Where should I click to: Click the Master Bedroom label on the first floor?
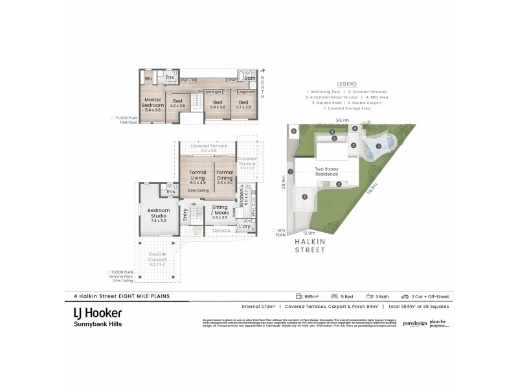tap(153, 104)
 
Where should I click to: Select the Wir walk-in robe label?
tap(148, 78)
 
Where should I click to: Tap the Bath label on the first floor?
tap(249, 78)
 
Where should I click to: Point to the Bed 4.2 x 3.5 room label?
tap(177, 102)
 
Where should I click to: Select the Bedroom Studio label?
tap(158, 214)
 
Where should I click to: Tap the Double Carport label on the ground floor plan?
tap(157, 257)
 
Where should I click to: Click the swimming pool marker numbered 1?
tap(377, 146)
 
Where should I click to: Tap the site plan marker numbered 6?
tap(304, 196)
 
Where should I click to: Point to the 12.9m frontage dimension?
tap(308, 233)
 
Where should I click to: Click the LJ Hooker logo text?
tap(96, 312)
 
